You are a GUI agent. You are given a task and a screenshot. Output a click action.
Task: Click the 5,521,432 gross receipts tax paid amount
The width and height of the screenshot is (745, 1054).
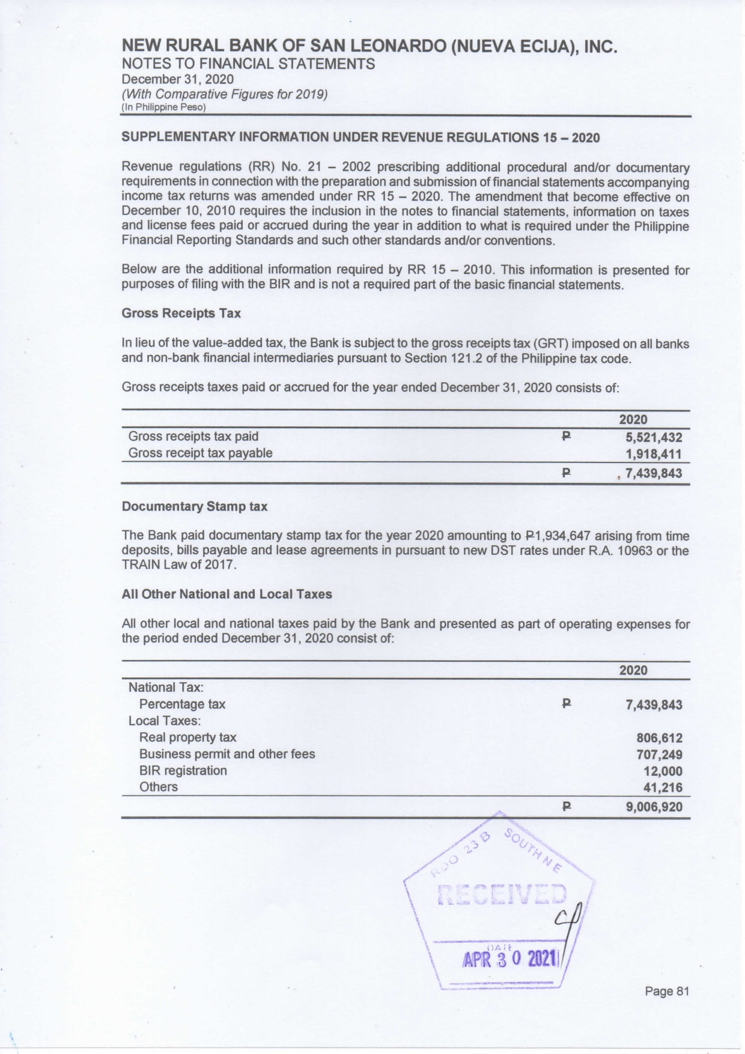(654, 437)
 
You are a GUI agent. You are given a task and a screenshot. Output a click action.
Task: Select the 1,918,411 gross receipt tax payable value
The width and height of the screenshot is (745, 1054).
(654, 454)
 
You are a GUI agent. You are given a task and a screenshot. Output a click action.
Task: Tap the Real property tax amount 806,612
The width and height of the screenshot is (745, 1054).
(659, 738)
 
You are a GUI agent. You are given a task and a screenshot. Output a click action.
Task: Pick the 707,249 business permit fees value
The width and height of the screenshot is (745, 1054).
(659, 755)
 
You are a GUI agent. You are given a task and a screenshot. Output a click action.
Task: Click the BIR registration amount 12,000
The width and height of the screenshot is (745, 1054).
(663, 771)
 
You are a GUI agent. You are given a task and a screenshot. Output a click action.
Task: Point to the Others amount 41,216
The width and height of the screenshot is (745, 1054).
(663, 787)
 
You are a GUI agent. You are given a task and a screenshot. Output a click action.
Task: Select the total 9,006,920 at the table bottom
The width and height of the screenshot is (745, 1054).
(654, 807)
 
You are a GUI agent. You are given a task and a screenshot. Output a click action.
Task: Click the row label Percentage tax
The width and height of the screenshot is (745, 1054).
(182, 704)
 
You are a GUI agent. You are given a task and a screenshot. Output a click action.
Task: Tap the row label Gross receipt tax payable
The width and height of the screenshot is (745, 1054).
(200, 453)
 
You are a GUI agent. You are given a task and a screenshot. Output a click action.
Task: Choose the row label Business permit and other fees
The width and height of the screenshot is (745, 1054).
(227, 754)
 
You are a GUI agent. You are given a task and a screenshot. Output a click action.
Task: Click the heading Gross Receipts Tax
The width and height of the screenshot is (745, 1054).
(181, 313)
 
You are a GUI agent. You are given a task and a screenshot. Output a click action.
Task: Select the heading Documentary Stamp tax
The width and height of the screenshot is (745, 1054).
(194, 507)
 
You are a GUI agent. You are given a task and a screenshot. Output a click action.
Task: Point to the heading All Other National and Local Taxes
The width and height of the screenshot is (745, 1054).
(227, 595)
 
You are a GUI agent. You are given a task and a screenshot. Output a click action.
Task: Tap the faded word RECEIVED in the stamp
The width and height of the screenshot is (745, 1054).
(502, 895)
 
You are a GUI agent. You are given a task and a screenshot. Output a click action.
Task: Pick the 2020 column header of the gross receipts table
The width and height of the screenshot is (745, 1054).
(633, 420)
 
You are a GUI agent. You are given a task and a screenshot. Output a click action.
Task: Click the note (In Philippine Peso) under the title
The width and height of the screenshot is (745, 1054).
(163, 108)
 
